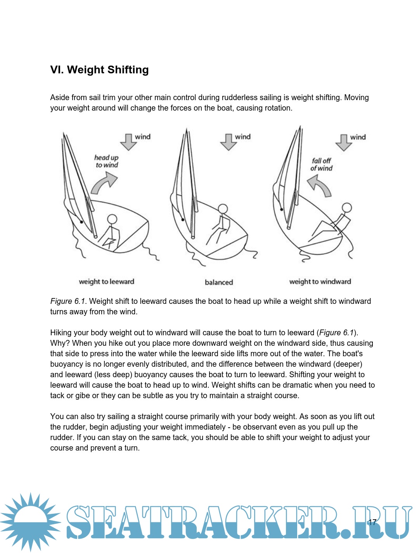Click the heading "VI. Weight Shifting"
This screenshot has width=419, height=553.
coord(99,70)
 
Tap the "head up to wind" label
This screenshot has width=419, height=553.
coord(106,161)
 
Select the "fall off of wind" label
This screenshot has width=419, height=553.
coord(321,165)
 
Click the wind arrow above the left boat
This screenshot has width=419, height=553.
coord(128,142)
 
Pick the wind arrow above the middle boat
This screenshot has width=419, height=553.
coord(229,142)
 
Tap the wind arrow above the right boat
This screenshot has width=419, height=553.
coord(344,142)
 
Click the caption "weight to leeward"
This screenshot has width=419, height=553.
coord(106,282)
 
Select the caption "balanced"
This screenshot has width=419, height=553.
coord(219,283)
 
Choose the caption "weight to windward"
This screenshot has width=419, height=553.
coord(320,282)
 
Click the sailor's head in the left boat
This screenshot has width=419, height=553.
coord(112,219)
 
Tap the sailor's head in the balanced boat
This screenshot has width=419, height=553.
coord(223,209)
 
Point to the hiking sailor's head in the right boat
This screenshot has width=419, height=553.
coord(346,208)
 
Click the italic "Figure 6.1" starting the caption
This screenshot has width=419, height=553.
coord(68,301)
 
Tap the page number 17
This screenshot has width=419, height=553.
coord(372,522)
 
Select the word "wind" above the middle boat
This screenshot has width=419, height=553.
coord(243,137)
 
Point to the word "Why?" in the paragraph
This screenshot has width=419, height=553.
coord(60,343)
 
